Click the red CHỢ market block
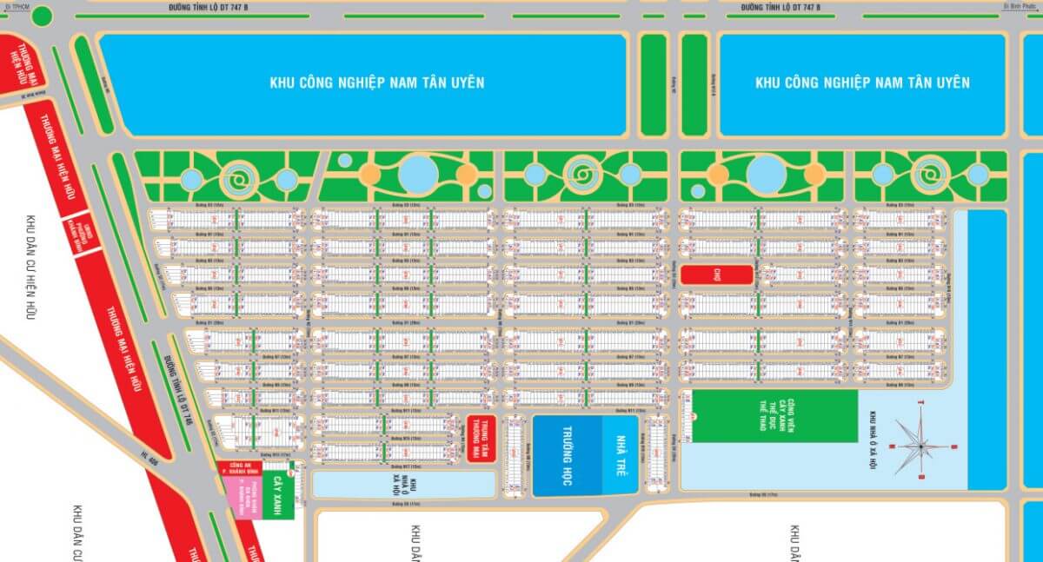(x=716, y=274)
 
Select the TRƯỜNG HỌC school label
(x=565, y=456)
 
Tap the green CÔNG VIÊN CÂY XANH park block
(x=773, y=417)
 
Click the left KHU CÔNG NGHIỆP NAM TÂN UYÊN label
(x=377, y=83)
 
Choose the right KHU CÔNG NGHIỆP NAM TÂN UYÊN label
(x=862, y=83)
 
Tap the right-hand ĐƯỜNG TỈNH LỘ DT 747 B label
(x=780, y=7)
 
